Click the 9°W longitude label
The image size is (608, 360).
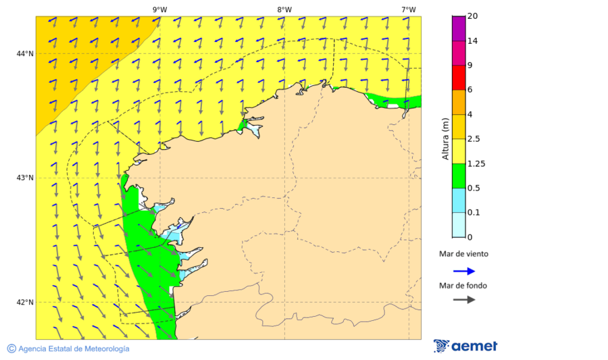pos(159,9)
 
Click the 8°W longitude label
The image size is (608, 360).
pos(284,9)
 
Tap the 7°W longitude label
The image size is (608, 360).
pos(408,9)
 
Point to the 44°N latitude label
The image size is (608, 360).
pos(25,53)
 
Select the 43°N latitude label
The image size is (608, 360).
pos(25,178)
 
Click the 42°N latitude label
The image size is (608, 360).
pos(25,302)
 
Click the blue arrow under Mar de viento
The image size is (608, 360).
pos(464,271)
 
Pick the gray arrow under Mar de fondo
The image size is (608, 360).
pos(464,300)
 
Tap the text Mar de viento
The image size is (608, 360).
pos(463,254)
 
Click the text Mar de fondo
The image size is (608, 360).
pos(463,285)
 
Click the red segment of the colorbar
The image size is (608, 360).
pos(458,78)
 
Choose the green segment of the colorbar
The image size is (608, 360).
pos(458,176)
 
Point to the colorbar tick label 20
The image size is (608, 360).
pos(474,16)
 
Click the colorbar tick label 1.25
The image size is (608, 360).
pos(478,163)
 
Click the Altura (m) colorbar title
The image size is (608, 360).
pos(445,138)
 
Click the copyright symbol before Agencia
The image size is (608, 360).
pos(11,349)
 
